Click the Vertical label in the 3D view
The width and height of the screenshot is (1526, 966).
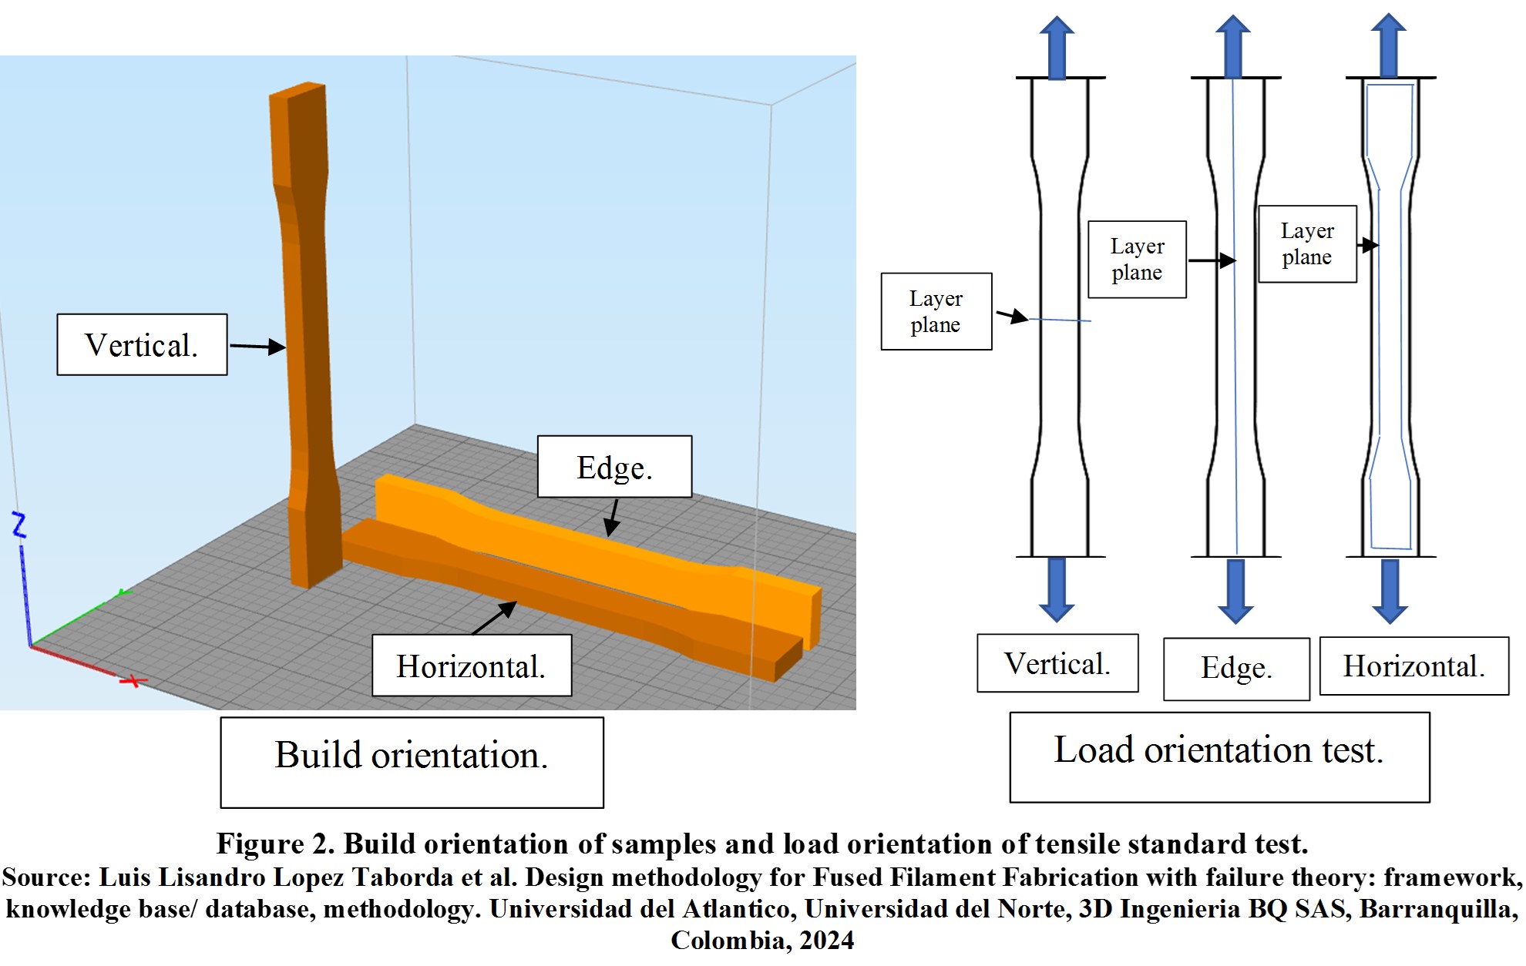pyautogui.click(x=142, y=344)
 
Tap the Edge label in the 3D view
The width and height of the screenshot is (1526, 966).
pyautogui.click(x=614, y=467)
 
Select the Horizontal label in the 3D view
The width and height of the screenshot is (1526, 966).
pyautogui.click(x=471, y=666)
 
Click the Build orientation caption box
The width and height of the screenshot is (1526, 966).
pyautogui.click(x=412, y=761)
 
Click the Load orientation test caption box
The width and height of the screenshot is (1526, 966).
pyautogui.click(x=1219, y=756)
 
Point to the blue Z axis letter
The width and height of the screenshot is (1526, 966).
pyautogui.click(x=19, y=525)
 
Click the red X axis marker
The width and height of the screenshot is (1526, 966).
pyautogui.click(x=134, y=681)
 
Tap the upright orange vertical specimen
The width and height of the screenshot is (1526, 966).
pyautogui.click(x=308, y=331)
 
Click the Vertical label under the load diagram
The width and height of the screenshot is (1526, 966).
pyautogui.click(x=1057, y=663)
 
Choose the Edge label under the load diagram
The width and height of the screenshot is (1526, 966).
pyautogui.click(x=1236, y=669)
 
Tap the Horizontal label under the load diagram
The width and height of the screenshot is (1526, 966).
pyautogui.click(x=1413, y=666)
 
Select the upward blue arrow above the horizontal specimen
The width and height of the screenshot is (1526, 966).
pyautogui.click(x=1389, y=45)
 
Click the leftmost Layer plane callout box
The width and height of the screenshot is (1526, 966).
pyautogui.click(x=936, y=311)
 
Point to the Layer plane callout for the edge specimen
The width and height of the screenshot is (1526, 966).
pyautogui.click(x=1137, y=260)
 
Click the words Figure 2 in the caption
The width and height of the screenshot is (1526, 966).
pyautogui.click(x=274, y=844)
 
